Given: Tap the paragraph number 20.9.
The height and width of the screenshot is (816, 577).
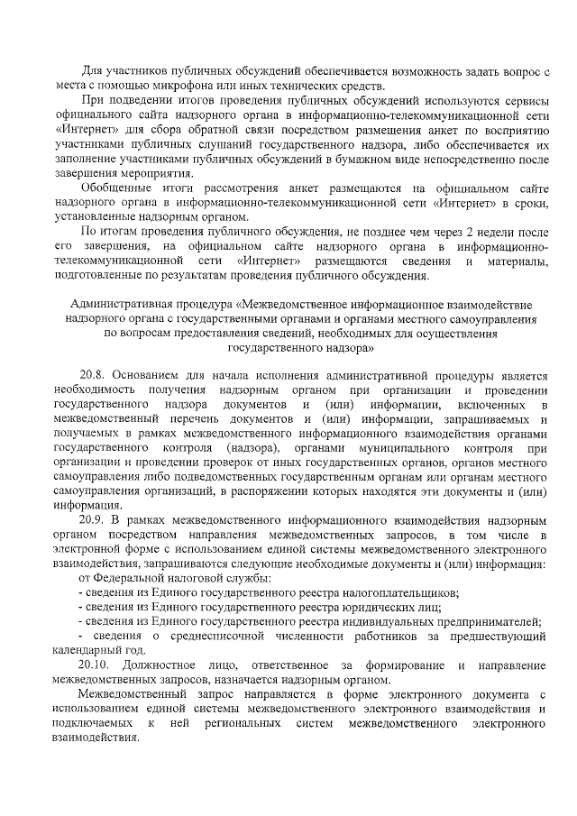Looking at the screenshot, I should [94, 520].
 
